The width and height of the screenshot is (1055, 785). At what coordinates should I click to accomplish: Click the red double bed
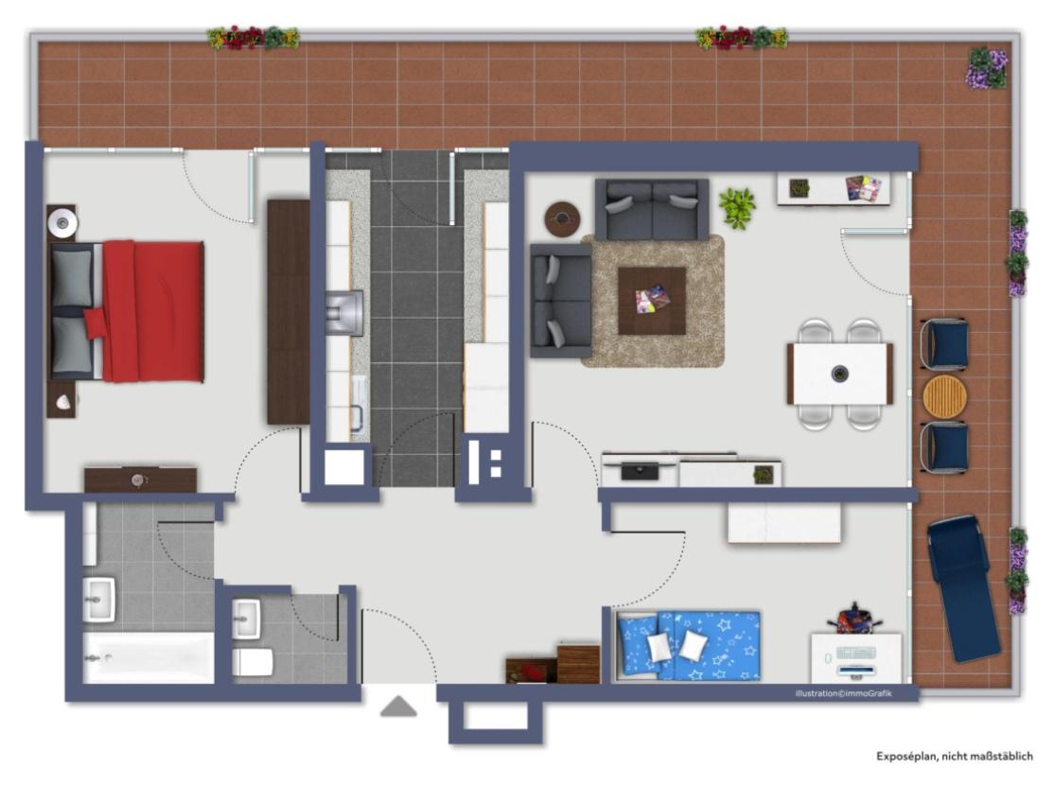tap(127, 311)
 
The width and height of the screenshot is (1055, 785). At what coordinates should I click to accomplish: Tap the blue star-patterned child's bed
tap(689, 645)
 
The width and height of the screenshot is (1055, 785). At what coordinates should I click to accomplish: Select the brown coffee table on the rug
tap(651, 300)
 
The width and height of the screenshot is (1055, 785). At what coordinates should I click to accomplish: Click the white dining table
tap(839, 374)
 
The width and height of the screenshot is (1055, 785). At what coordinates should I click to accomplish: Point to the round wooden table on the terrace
tap(944, 396)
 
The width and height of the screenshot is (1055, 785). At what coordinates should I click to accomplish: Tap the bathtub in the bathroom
tap(149, 657)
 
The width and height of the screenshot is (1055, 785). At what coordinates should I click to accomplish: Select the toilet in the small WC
tap(253, 662)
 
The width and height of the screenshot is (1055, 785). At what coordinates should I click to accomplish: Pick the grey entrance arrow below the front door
tap(398, 706)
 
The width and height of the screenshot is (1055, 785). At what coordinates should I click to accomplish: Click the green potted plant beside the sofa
tap(737, 207)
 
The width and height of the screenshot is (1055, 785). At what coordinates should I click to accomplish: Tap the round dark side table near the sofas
tap(562, 218)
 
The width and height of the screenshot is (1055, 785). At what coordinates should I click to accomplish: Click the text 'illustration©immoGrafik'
tap(843, 693)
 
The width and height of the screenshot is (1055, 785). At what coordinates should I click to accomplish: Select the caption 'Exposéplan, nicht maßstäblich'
tap(954, 756)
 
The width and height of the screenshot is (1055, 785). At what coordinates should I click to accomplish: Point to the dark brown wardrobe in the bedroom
tap(288, 311)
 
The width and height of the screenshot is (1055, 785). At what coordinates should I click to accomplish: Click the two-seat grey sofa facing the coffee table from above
tap(651, 208)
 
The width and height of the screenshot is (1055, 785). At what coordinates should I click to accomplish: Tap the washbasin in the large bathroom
tap(99, 600)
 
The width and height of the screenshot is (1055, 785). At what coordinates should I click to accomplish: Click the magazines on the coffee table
tap(651, 298)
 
